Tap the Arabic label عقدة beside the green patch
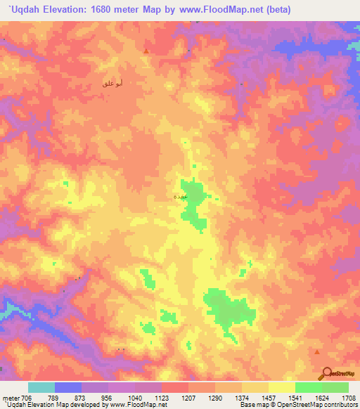[x=179, y=197]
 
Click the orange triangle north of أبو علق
[x=146, y=51]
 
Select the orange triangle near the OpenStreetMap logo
[x=317, y=351]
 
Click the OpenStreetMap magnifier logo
[x=327, y=372]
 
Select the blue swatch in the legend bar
[x=67, y=387]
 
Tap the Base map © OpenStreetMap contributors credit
[x=298, y=405]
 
